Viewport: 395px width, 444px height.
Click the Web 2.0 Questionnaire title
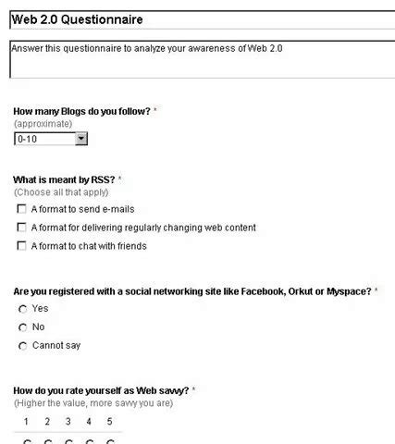[78, 18]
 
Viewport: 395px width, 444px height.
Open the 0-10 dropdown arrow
[80, 139]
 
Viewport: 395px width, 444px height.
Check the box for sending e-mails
[21, 209]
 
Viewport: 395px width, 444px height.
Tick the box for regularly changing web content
[21, 228]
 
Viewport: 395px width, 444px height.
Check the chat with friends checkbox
[21, 246]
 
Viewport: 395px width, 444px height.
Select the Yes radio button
[23, 309]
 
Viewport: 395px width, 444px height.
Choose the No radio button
[23, 327]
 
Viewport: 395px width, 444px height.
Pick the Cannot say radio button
[23, 346]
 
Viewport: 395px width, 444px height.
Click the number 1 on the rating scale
[27, 422]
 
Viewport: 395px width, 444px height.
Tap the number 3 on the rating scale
[68, 422]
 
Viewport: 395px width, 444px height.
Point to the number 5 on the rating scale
[109, 422]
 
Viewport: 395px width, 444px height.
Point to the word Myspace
[349, 290]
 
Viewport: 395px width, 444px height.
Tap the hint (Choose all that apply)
[61, 192]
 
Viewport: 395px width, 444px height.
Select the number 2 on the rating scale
[47, 422]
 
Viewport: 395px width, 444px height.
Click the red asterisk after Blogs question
[154, 111]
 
